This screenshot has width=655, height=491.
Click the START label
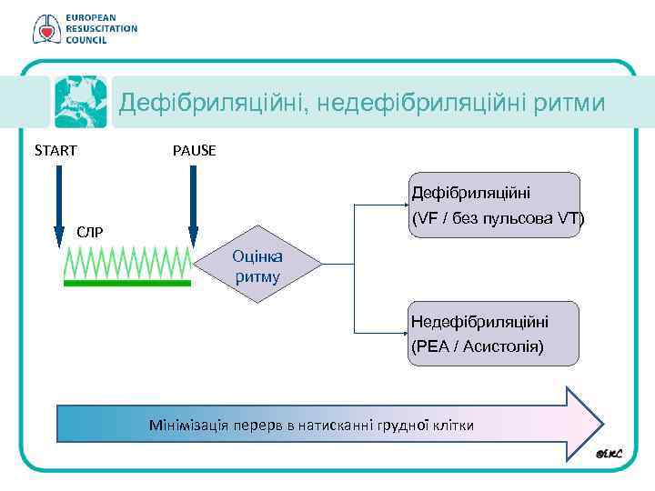(55, 150)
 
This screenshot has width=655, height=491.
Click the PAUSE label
(194, 150)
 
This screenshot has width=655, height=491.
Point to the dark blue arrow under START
(58, 205)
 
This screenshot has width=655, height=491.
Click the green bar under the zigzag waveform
(127, 284)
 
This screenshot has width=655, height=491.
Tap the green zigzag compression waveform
(127, 262)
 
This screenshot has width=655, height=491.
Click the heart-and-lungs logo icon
(44, 29)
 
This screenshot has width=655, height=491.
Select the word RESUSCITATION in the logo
(101, 28)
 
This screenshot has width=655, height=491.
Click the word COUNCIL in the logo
(86, 40)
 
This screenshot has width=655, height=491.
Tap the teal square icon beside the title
(80, 102)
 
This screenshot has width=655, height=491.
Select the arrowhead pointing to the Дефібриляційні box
(404, 205)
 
